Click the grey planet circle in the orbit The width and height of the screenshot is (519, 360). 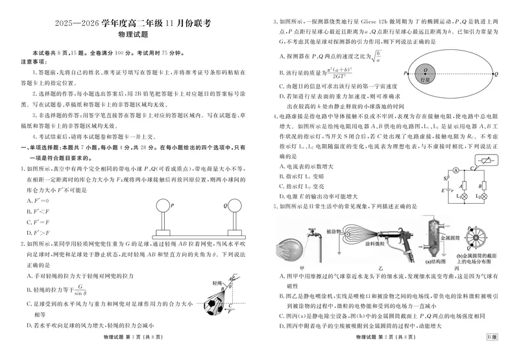tap(424, 75)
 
